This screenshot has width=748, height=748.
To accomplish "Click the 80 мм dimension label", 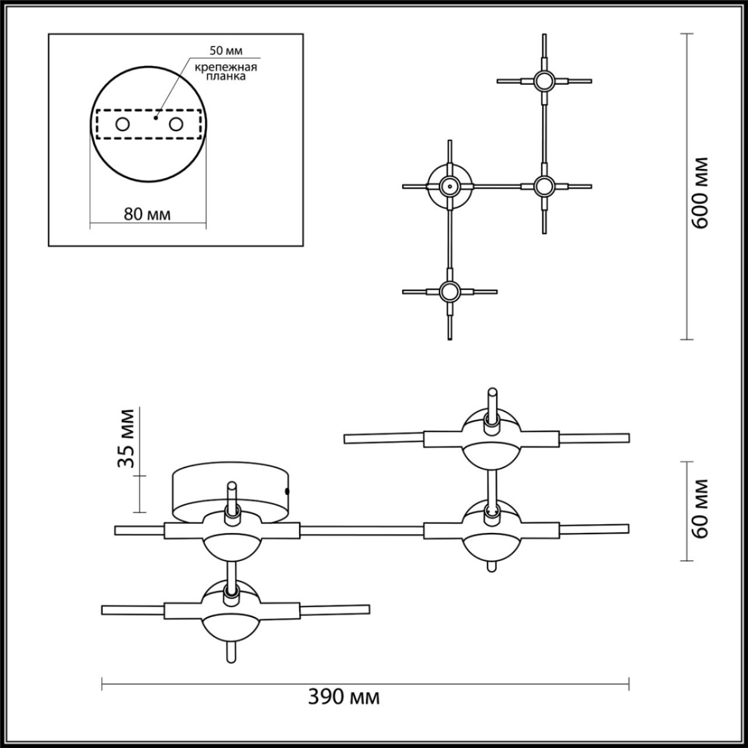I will coord(148,214).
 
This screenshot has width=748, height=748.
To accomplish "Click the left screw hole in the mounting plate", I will coord(122,125).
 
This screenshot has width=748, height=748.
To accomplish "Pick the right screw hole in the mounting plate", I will coord(176,125).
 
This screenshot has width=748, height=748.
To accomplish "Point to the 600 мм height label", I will coord(701,192).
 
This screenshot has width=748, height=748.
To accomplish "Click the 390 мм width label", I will coord(344,696).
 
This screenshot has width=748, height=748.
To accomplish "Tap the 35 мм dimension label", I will coord(127,438).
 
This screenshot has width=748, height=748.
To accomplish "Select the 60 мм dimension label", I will coord(701,508).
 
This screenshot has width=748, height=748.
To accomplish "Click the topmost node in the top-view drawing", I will coord(544,80).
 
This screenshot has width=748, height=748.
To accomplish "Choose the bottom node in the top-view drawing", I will coord(449,291).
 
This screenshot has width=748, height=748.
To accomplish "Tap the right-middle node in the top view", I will coord(544,186).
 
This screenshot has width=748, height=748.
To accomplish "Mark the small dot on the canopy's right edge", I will coord(287,491).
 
